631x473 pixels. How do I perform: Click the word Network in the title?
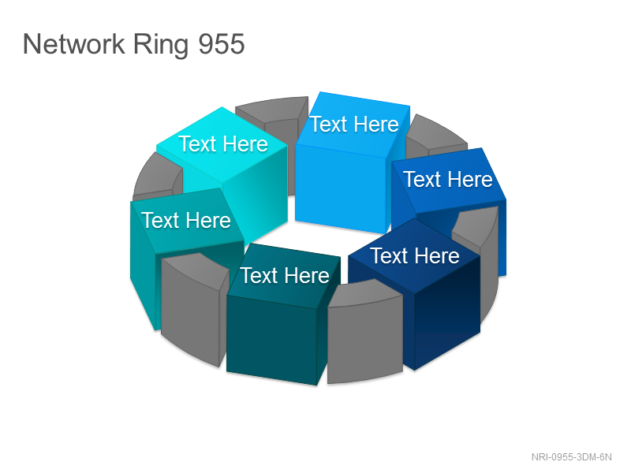(73, 44)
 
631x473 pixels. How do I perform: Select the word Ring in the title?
(161, 45)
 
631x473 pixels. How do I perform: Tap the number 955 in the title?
(222, 44)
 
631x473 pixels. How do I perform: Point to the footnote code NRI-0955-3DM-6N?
(571, 457)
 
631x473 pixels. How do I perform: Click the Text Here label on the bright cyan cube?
(223, 143)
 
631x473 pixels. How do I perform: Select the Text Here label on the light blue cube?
(354, 124)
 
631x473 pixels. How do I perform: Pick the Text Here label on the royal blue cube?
(448, 179)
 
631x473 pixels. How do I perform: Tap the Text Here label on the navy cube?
(415, 255)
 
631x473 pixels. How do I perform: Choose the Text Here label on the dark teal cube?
(285, 275)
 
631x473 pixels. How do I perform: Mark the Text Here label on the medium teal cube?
(186, 220)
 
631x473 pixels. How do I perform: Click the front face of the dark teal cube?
(271, 341)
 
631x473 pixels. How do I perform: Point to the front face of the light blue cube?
(342, 188)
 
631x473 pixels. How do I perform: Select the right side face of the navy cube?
(447, 312)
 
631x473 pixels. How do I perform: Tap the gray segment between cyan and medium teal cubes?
(157, 177)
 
